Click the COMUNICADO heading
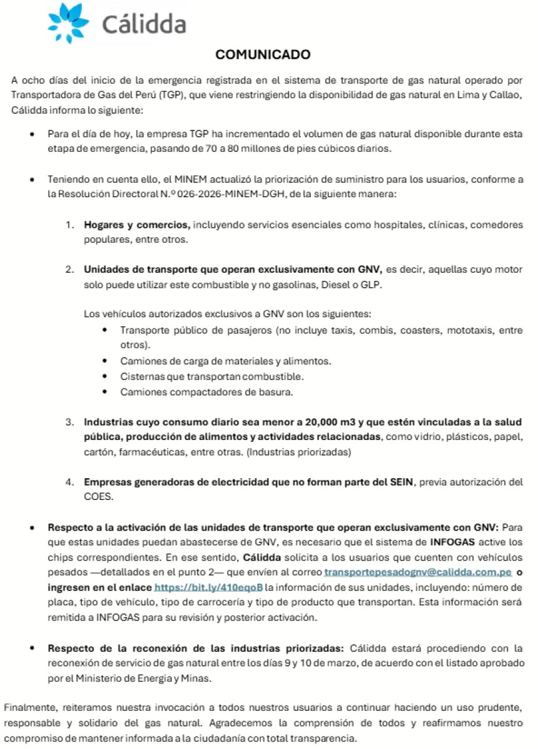[x=263, y=55]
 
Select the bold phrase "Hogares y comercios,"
[x=137, y=224]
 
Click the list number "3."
[x=71, y=423]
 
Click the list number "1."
[x=71, y=225]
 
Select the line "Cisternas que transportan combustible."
[x=195, y=377]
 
